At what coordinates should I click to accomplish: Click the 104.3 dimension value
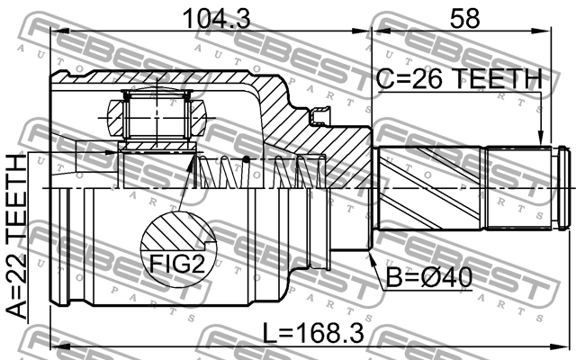click(x=217, y=18)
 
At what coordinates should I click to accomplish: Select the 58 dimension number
click(x=464, y=18)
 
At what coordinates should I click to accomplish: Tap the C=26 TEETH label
click(x=459, y=78)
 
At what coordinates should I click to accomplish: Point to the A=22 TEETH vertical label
click(x=17, y=237)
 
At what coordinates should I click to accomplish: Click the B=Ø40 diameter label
click(x=428, y=277)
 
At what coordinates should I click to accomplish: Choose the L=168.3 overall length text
click(x=313, y=333)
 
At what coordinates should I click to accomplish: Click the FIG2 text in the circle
click(x=176, y=264)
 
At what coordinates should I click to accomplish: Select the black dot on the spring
click(x=247, y=159)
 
